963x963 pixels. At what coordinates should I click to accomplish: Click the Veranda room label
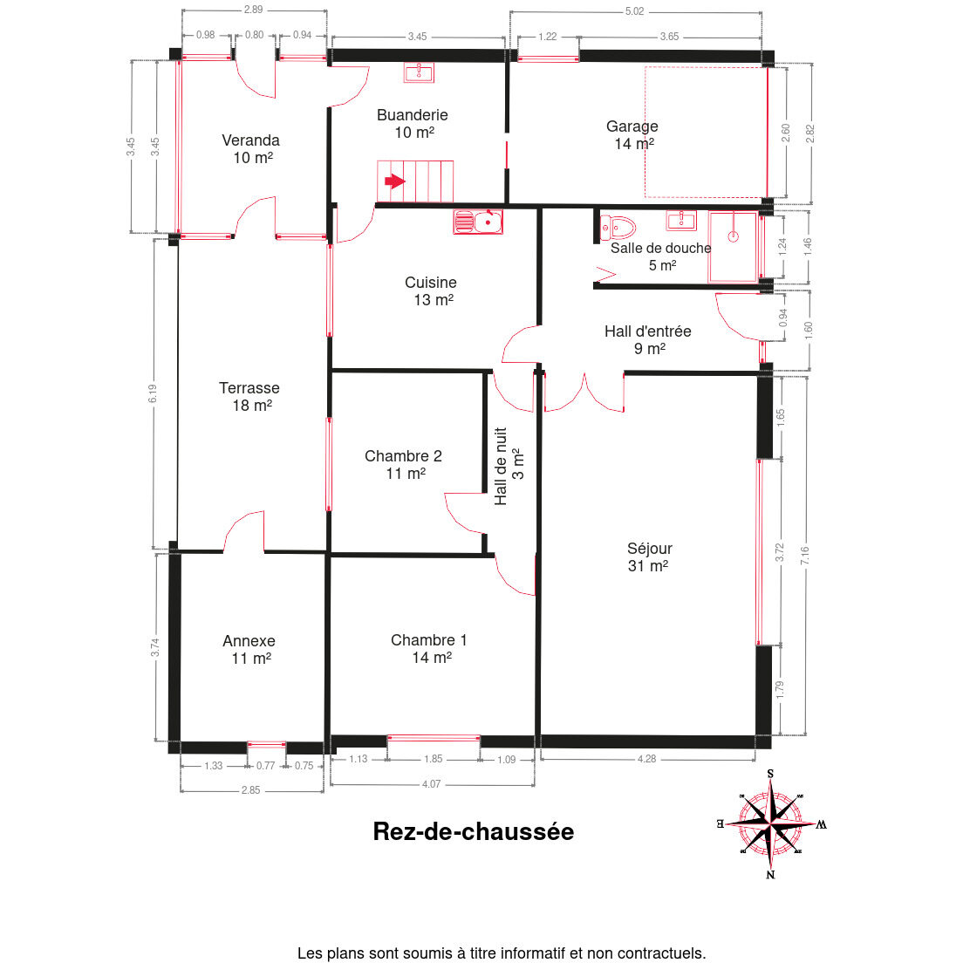250,148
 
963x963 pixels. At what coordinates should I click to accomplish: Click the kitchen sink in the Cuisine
478,222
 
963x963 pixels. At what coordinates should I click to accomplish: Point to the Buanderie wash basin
419,72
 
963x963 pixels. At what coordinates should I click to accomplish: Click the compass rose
771,823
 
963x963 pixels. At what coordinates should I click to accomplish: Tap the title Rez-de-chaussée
474,831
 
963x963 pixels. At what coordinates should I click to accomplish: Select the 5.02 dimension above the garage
634,11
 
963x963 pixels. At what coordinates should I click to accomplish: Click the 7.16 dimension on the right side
805,555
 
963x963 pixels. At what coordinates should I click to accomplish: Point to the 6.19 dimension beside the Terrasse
153,393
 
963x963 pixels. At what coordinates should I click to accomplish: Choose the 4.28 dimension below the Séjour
646,759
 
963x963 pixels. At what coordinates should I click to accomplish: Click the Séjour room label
649,557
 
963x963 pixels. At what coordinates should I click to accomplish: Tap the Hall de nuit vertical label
509,466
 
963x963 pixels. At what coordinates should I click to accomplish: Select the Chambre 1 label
429,649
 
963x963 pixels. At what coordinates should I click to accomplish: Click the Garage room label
632,134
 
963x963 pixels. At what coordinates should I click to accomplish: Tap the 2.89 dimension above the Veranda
253,10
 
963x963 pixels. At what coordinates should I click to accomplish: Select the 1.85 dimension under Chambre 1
433,759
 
